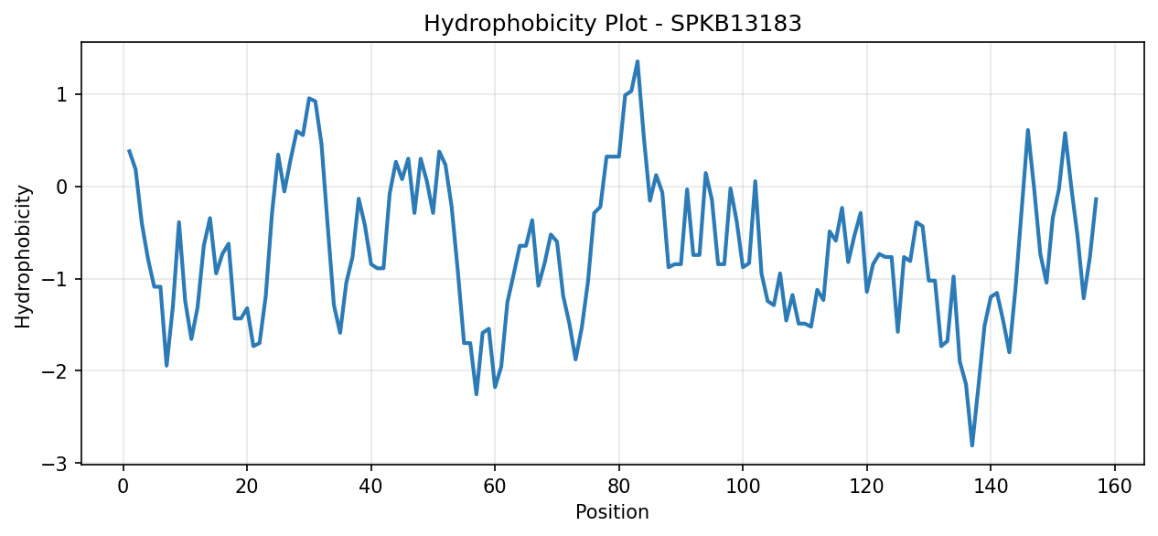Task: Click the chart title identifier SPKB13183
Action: pos(736,24)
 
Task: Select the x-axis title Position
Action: pos(612,512)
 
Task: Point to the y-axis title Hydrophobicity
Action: pos(23,257)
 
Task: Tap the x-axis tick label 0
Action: pos(123,487)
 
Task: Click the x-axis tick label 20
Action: pos(247,487)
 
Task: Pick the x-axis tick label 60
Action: pos(495,487)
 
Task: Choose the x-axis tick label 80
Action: pos(619,487)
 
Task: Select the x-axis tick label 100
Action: pos(743,487)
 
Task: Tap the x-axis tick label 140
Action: pos(991,487)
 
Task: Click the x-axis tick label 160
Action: pos(1114,487)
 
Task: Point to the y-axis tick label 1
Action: pos(62,94)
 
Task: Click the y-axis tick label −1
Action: pos(56,279)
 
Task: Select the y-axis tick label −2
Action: pos(56,371)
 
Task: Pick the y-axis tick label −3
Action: pos(56,464)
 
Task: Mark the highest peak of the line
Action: pos(638,61)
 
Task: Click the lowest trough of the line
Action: pos(972,445)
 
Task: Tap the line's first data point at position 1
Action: pos(129,150)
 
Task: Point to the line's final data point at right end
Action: pos(1096,198)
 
